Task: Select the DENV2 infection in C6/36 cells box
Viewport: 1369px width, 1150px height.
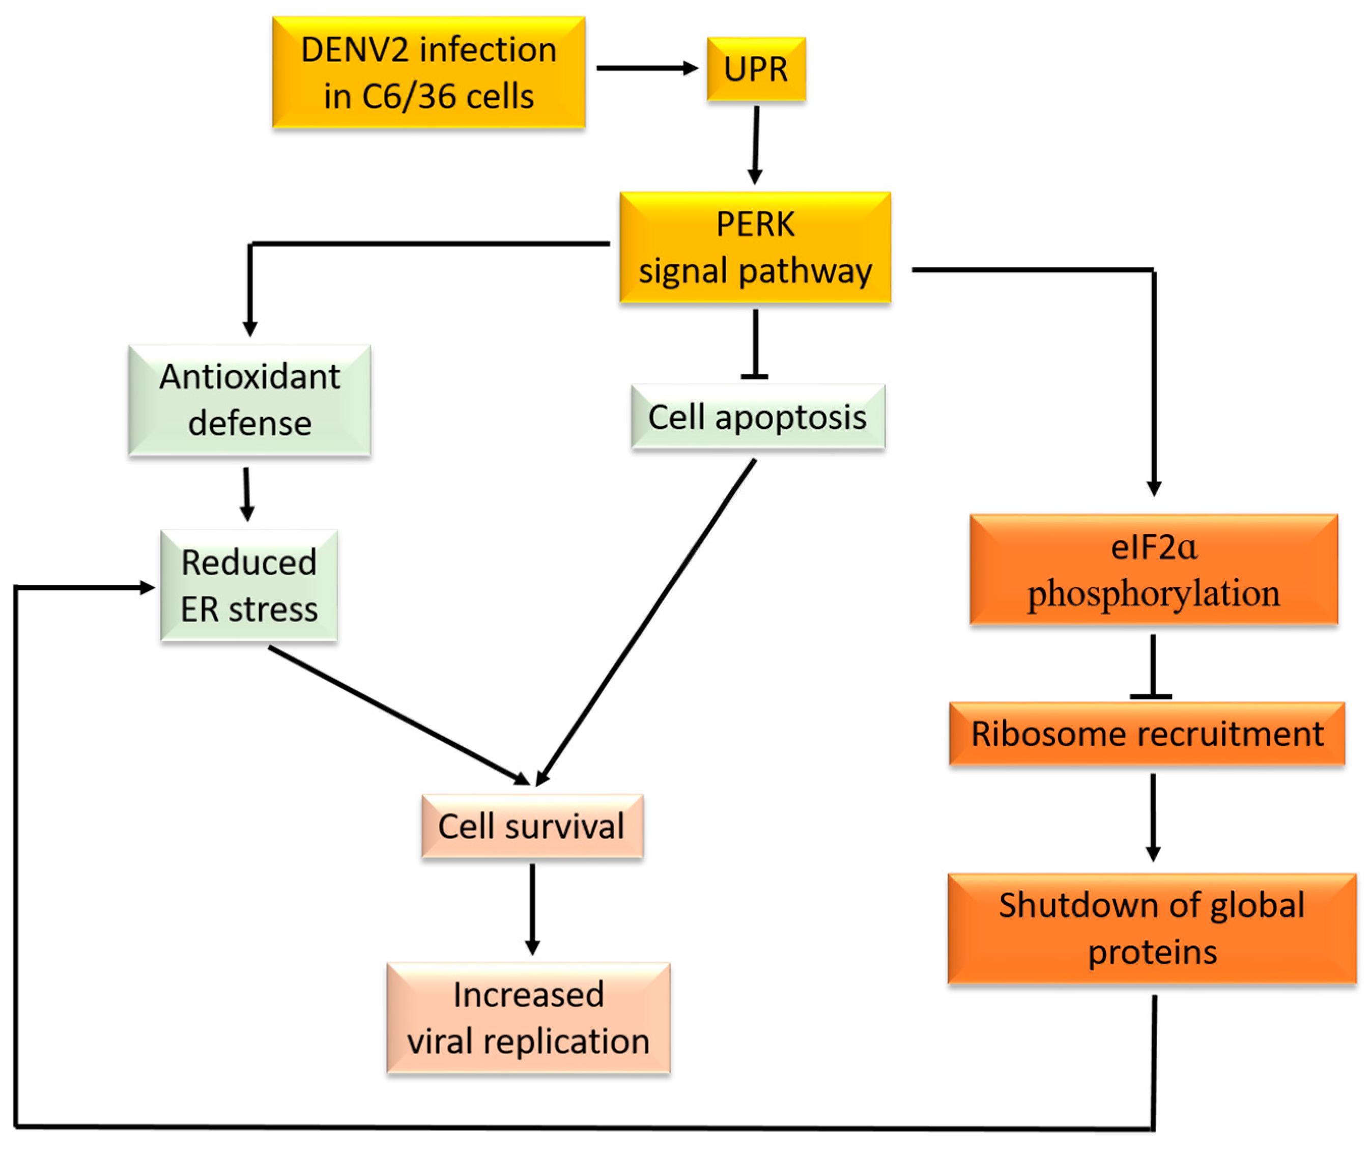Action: pyautogui.click(x=429, y=72)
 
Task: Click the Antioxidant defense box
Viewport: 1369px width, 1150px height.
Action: pyautogui.click(x=250, y=400)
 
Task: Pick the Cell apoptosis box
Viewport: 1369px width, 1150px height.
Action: pyautogui.click(x=757, y=416)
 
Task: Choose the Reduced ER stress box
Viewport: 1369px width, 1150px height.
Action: pyautogui.click(x=249, y=585)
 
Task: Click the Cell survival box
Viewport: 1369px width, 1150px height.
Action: pyautogui.click(x=532, y=826)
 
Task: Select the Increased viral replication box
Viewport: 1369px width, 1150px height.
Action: pyautogui.click(x=529, y=1018)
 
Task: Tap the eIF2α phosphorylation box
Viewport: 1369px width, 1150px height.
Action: pyautogui.click(x=1153, y=569)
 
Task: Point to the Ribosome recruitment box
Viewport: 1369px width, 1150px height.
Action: pyautogui.click(x=1147, y=734)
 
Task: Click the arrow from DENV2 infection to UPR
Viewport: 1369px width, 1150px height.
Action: pyautogui.click(x=645, y=68)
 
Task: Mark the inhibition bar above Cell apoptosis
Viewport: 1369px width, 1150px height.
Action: pyautogui.click(x=755, y=376)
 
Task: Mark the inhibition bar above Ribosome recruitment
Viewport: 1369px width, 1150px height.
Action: pyautogui.click(x=1151, y=696)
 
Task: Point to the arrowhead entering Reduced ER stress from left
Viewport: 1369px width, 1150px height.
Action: pyautogui.click(x=147, y=588)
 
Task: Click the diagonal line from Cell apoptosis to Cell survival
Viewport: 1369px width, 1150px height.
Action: pyautogui.click(x=645, y=623)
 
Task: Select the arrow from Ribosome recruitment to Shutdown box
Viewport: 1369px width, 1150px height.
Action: pyautogui.click(x=1153, y=816)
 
